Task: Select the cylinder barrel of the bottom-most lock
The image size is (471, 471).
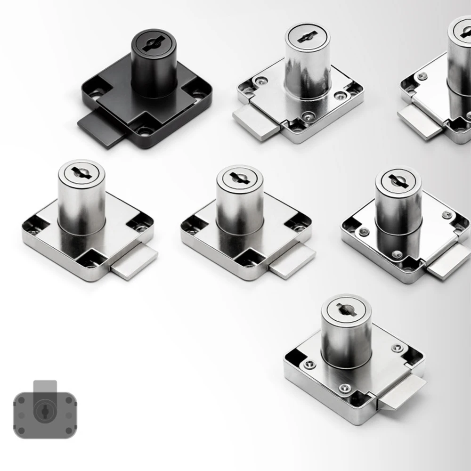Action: point(346,339)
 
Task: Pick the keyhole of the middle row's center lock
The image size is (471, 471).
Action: point(240,178)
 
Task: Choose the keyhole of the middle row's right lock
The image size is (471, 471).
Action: point(398,180)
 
